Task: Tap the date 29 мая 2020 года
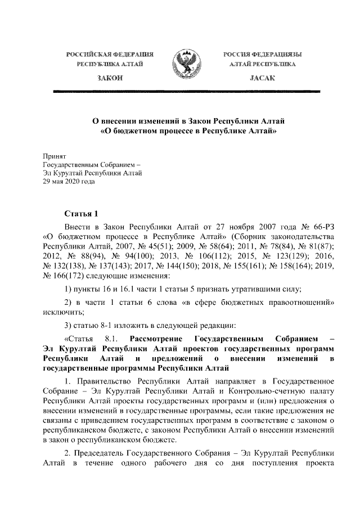coord(69,182)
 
